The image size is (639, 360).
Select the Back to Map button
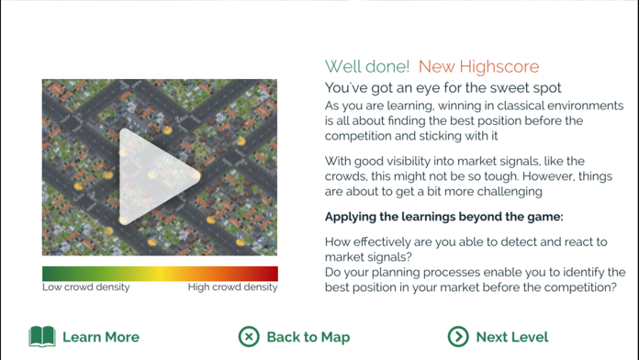(x=295, y=337)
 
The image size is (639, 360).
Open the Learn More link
(x=84, y=337)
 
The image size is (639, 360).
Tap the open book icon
(x=42, y=337)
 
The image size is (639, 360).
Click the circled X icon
(x=249, y=337)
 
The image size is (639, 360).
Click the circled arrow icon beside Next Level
(x=458, y=337)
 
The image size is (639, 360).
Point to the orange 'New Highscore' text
(x=478, y=66)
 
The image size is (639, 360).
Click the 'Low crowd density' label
(x=86, y=287)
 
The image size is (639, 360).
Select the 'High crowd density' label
(x=232, y=287)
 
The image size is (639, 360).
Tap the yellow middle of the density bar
(x=160, y=274)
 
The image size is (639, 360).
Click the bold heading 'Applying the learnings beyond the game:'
(x=444, y=218)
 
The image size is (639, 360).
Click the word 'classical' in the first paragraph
(x=512, y=107)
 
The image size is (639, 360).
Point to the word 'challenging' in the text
(x=504, y=191)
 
